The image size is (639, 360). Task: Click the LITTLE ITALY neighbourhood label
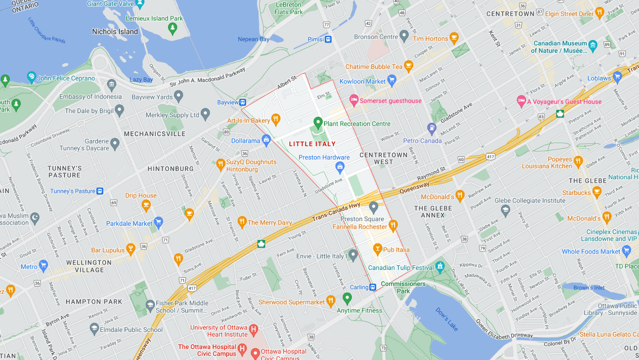[x=312, y=144]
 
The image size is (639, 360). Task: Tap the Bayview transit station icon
[x=243, y=102]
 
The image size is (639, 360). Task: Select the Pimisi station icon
[x=328, y=39]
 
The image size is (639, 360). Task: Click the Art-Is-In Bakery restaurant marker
[x=276, y=119]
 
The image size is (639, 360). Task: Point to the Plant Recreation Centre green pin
[x=318, y=123]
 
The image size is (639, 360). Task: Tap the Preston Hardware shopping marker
[x=340, y=167]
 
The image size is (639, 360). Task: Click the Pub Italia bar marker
[x=377, y=249]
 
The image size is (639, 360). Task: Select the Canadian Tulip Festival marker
[x=440, y=267]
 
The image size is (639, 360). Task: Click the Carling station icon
[x=373, y=288]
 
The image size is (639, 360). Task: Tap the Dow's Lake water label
[x=447, y=319]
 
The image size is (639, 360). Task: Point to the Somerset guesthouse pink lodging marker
[x=354, y=100]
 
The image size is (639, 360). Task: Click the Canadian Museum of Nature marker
[x=593, y=45]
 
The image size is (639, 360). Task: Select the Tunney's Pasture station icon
[x=100, y=191]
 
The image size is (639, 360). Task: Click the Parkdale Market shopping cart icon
[x=158, y=222]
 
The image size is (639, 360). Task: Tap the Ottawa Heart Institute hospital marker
[x=254, y=330]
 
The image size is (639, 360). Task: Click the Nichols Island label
[x=115, y=32]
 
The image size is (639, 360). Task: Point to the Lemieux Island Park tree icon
[x=172, y=28]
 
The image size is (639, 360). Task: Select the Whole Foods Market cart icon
[x=627, y=250]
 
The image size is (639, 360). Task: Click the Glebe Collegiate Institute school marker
[x=505, y=210]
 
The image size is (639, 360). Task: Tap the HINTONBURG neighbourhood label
[x=171, y=169]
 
